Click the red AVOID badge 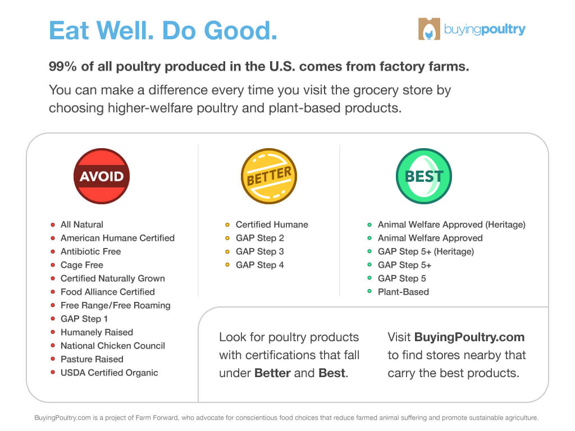102,176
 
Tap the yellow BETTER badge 269,176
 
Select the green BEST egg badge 424,176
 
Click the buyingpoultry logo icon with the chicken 429,29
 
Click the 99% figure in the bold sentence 63,66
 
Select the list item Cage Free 82,265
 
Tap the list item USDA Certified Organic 109,373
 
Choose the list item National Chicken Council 112,346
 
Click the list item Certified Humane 272,224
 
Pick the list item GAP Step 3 259,251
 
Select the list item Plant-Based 403,292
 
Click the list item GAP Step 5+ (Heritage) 426,251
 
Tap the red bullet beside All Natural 53,224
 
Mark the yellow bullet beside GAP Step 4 227,265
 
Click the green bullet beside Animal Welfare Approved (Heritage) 369,224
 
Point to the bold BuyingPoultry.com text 469,337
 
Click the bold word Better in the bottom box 272,373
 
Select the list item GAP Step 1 84,319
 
